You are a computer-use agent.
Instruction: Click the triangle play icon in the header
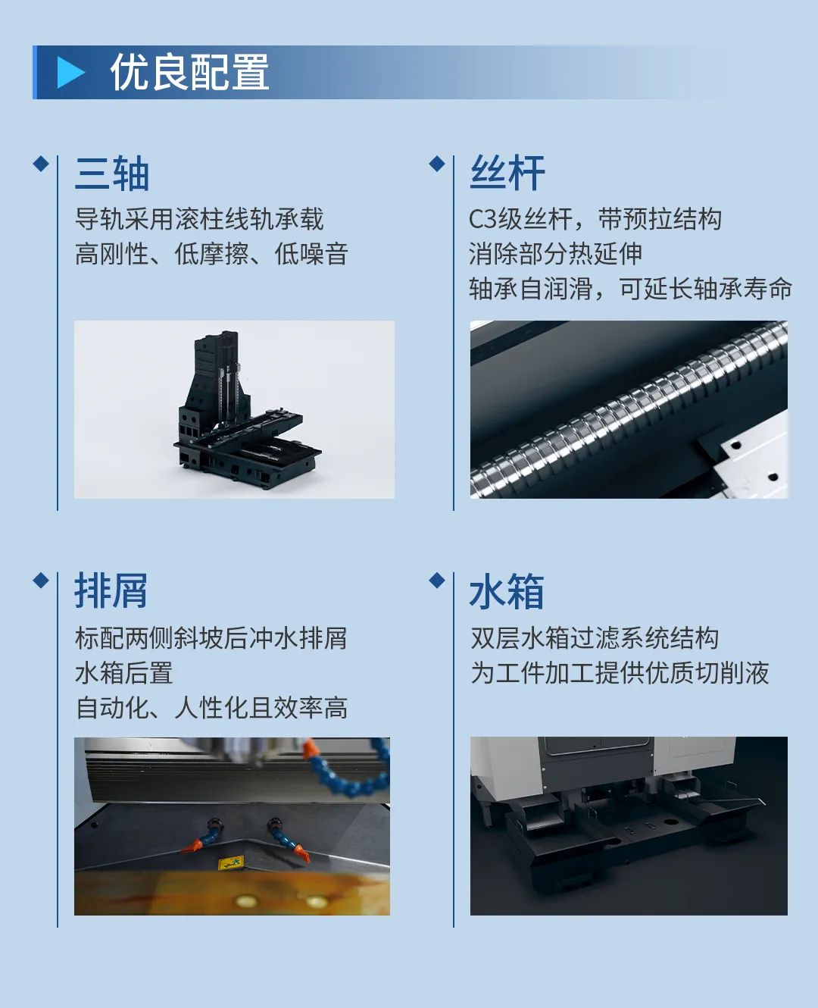coord(71,73)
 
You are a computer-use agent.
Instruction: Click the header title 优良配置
coord(189,73)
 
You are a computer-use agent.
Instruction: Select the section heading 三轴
coord(112,174)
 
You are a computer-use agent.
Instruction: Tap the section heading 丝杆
coord(507,174)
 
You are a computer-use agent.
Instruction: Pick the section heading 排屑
coord(111,591)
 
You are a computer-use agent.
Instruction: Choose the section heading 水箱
coord(507,592)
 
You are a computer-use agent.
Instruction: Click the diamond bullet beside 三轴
coord(41,164)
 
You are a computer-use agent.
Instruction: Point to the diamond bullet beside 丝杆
coord(436,164)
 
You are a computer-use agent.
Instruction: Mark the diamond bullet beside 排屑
coord(41,581)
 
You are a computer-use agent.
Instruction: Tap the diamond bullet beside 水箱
coord(436,581)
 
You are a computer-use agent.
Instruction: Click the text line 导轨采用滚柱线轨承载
coord(199,219)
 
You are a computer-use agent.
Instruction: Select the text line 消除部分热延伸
coord(555,254)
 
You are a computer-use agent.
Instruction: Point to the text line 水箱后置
coord(124,673)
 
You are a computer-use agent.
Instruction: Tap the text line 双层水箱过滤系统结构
coord(595,638)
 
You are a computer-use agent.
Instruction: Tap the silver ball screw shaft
coord(629,413)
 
